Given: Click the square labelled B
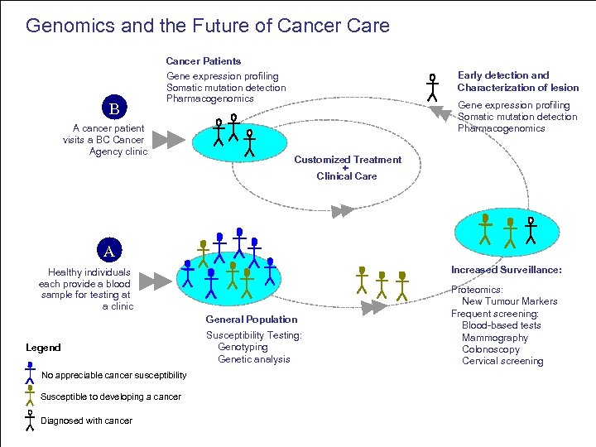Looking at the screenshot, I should pyautogui.click(x=115, y=108).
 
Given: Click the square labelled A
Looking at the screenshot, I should pyautogui.click(x=108, y=250).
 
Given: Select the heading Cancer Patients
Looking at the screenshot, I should pyautogui.click(x=204, y=61).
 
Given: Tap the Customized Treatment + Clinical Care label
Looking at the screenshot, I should pyautogui.click(x=347, y=167).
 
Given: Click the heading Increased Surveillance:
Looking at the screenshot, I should pyautogui.click(x=506, y=270).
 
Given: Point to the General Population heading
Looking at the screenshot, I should pyautogui.click(x=252, y=320).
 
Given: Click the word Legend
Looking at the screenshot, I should pyautogui.click(x=43, y=348).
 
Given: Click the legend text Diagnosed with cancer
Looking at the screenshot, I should pyautogui.click(x=86, y=421).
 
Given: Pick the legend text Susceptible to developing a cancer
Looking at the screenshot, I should pyautogui.click(x=110, y=397).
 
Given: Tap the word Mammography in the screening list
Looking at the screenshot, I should pyautogui.click(x=494, y=338).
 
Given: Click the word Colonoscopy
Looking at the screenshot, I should pyautogui.click(x=491, y=349).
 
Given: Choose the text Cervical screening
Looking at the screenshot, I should pyautogui.click(x=502, y=361).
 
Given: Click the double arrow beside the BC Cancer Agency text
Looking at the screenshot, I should pyautogui.click(x=171, y=139).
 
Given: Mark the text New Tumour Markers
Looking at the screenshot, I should pyautogui.click(x=509, y=301).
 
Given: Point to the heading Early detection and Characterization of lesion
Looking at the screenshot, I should pyautogui.click(x=517, y=81).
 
